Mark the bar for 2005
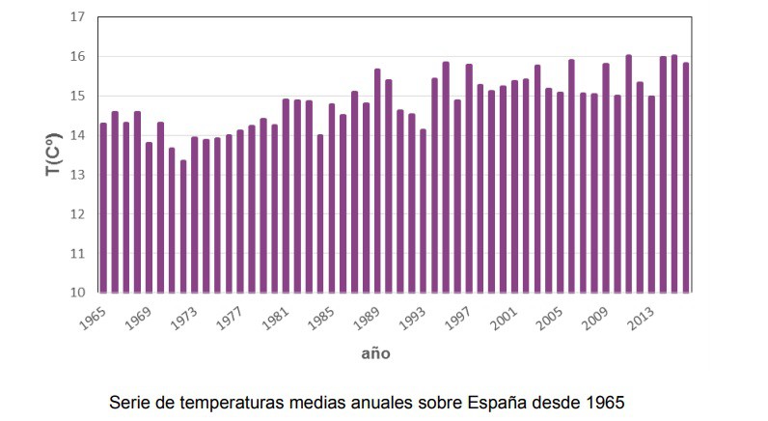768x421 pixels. pyautogui.click(x=561, y=192)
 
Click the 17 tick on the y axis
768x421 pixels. pyautogui.click(x=78, y=17)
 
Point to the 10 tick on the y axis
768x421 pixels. pyautogui.click(x=78, y=293)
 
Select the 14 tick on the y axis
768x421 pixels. pyautogui.click(x=78, y=135)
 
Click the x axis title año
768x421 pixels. pyautogui.click(x=375, y=353)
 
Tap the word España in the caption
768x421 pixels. pyautogui.click(x=500, y=400)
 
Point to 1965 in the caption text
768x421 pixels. pyautogui.click(x=606, y=400)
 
